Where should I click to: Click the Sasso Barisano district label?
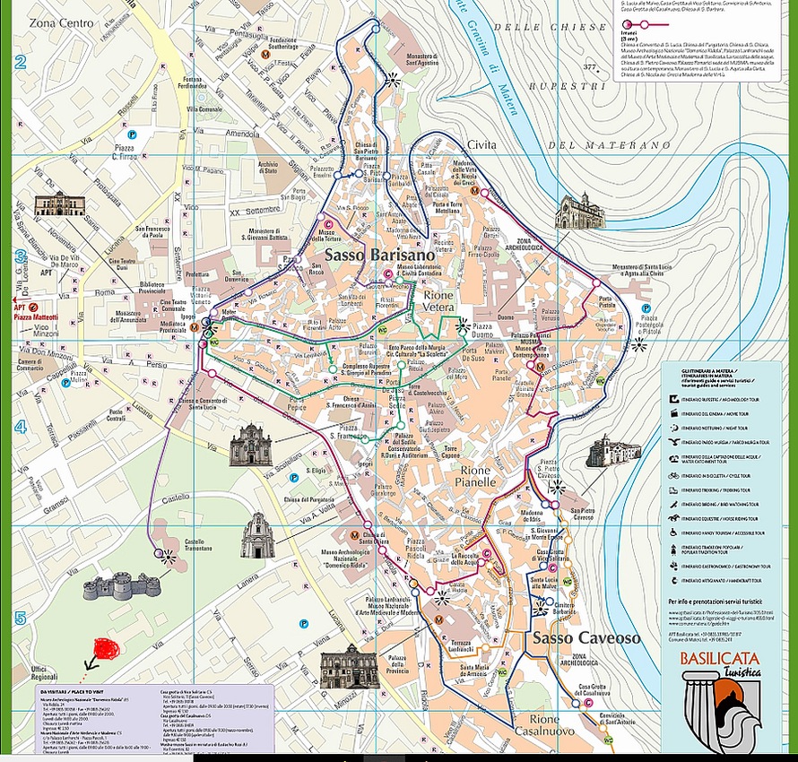[x=367, y=255]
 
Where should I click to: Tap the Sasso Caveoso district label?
[x=586, y=638]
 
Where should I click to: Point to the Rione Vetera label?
[x=438, y=300]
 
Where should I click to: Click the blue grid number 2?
[x=19, y=62]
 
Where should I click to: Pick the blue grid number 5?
[x=19, y=617]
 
